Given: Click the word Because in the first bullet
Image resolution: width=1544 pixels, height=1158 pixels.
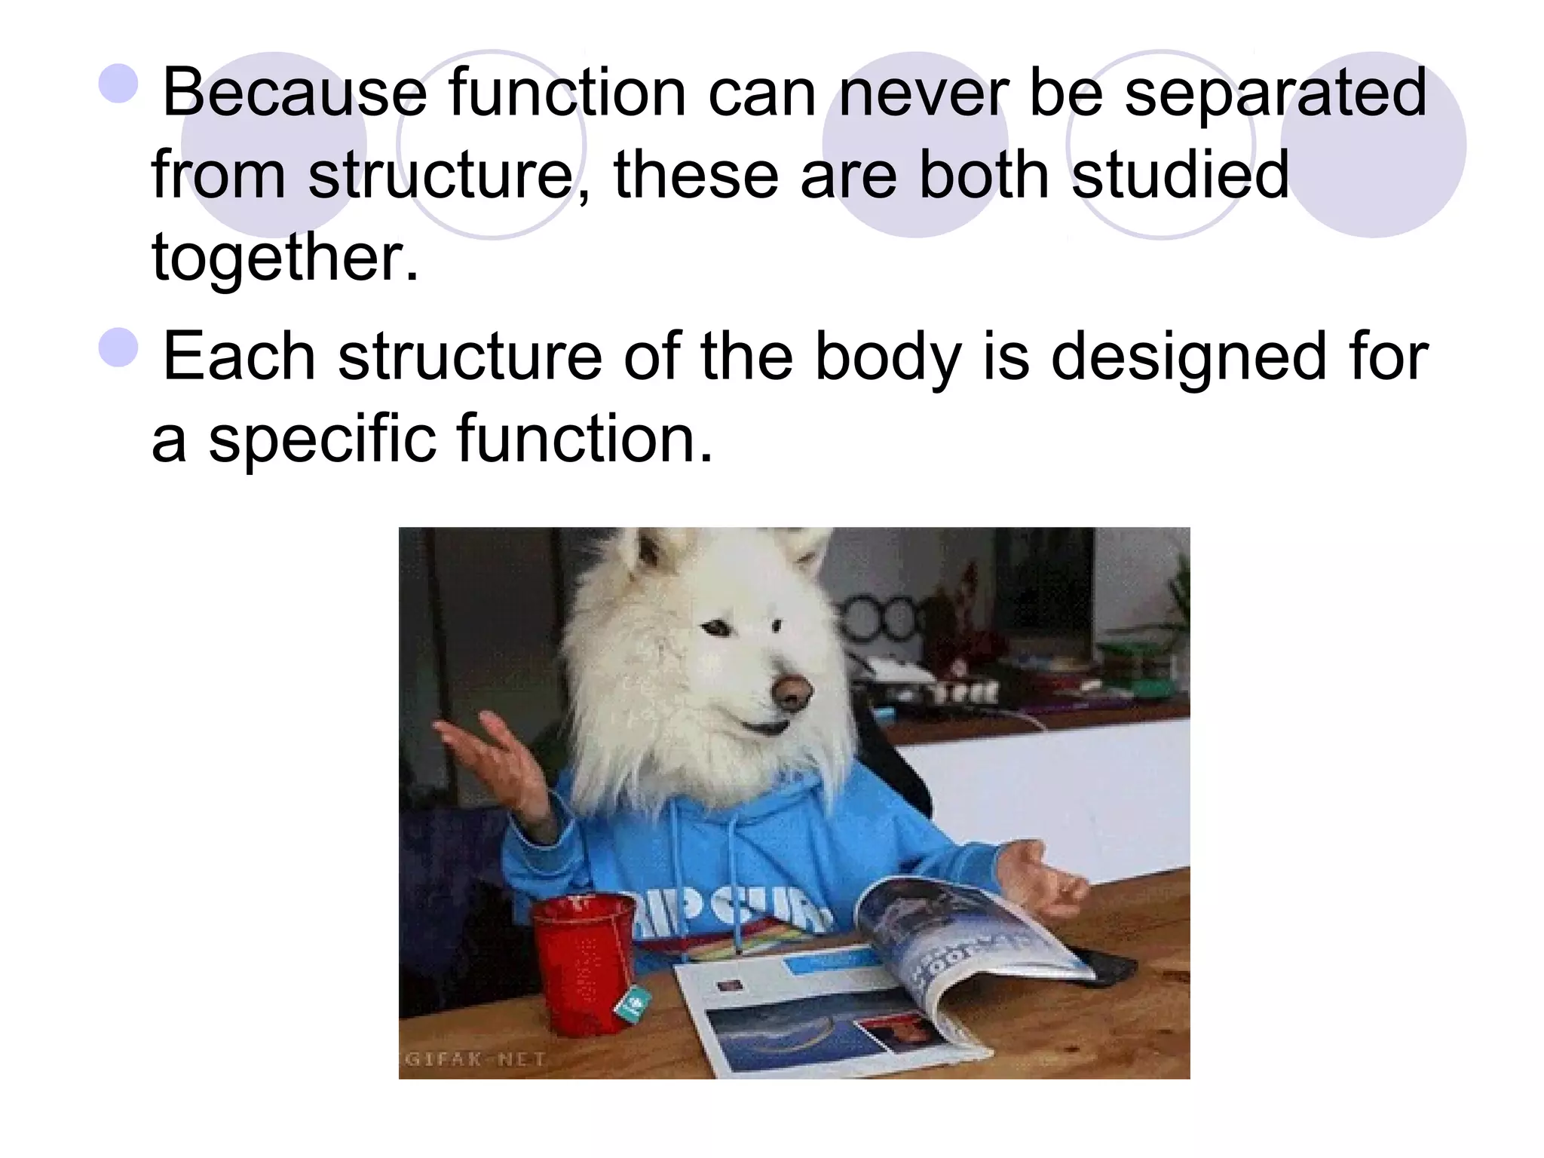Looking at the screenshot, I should point(295,93).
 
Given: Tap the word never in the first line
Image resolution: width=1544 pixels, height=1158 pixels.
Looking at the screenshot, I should point(923,93).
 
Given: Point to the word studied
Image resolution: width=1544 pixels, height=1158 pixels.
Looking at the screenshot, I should point(1180,175).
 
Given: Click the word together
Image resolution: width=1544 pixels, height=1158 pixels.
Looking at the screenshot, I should point(285,256).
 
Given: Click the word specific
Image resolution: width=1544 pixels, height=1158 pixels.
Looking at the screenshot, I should point(321,439).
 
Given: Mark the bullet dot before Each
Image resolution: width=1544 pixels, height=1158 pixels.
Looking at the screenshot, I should point(118,348).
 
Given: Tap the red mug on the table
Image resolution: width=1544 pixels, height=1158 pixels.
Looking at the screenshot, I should point(585,962).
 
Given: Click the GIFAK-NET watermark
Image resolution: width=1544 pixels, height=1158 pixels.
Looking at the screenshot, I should point(476,1059).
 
